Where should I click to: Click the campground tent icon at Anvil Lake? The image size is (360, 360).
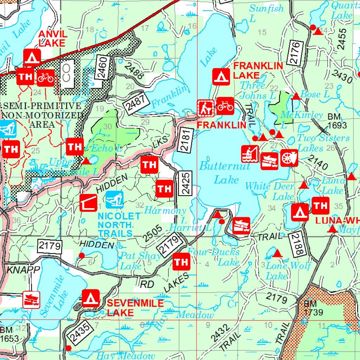coord(32,58)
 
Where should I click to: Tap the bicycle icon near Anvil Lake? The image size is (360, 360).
coord(46,77)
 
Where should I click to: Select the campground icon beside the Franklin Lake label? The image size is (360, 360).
coord(221,76)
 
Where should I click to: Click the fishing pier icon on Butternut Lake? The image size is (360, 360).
coord(250,154)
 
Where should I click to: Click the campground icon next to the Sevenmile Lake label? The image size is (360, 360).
coord(91,298)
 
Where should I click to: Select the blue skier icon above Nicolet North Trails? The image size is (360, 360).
coord(115,200)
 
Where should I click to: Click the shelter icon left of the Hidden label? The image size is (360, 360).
coord(88,202)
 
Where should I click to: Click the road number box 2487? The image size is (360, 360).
coord(136,104)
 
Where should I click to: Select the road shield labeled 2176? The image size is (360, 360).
coord(295,53)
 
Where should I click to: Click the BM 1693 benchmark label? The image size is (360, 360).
coord(337,121)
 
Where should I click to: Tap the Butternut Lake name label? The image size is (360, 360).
coord(224,173)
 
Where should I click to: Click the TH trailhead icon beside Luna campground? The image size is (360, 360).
coord(320,206)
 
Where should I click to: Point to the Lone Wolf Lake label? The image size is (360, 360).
coord(288,270)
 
